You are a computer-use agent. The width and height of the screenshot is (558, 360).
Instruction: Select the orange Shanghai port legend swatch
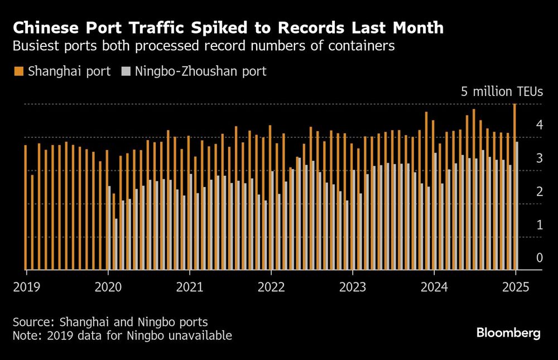[19, 71]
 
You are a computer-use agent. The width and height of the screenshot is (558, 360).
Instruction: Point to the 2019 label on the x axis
[27, 288]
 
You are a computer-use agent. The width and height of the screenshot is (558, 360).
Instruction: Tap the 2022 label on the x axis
[271, 288]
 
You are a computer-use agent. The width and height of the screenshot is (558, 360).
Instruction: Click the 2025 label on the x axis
[516, 288]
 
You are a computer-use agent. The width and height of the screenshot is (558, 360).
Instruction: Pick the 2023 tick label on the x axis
[353, 288]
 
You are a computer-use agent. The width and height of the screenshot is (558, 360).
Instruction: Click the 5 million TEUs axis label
[502, 92]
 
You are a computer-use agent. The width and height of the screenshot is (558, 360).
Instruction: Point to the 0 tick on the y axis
[540, 258]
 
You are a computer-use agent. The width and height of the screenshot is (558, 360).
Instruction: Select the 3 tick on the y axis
[540, 159]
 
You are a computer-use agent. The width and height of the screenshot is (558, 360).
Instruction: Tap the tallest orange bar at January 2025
[514, 184]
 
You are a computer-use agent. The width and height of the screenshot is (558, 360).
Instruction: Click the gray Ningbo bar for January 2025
[518, 207]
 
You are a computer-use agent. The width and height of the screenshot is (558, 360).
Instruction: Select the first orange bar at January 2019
[25, 207]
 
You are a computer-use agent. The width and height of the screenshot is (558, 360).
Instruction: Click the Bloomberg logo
[508, 333]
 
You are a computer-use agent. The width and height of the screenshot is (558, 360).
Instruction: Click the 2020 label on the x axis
[108, 288]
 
